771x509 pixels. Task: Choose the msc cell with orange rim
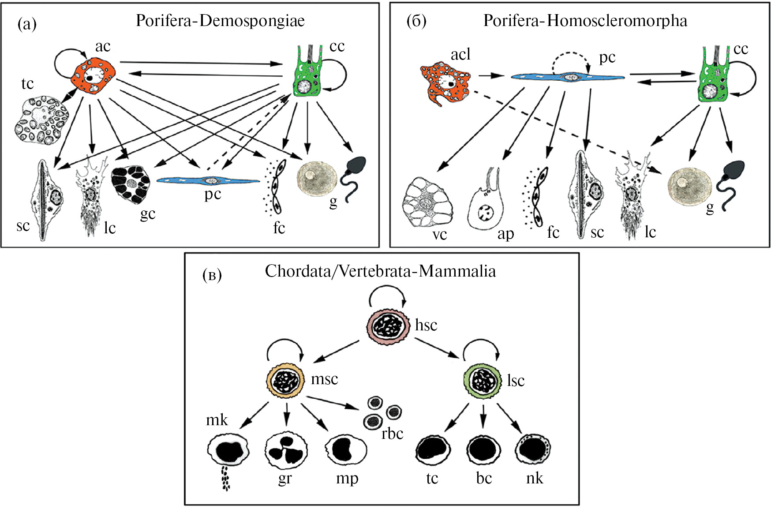(286, 381)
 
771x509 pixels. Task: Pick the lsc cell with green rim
(483, 381)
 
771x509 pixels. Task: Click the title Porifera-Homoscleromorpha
(585, 21)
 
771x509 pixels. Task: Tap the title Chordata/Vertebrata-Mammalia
(380, 271)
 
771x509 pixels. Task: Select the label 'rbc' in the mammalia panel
(392, 434)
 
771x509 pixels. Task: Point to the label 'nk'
(535, 478)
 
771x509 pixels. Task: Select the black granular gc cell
(131, 183)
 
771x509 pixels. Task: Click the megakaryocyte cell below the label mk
(228, 452)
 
